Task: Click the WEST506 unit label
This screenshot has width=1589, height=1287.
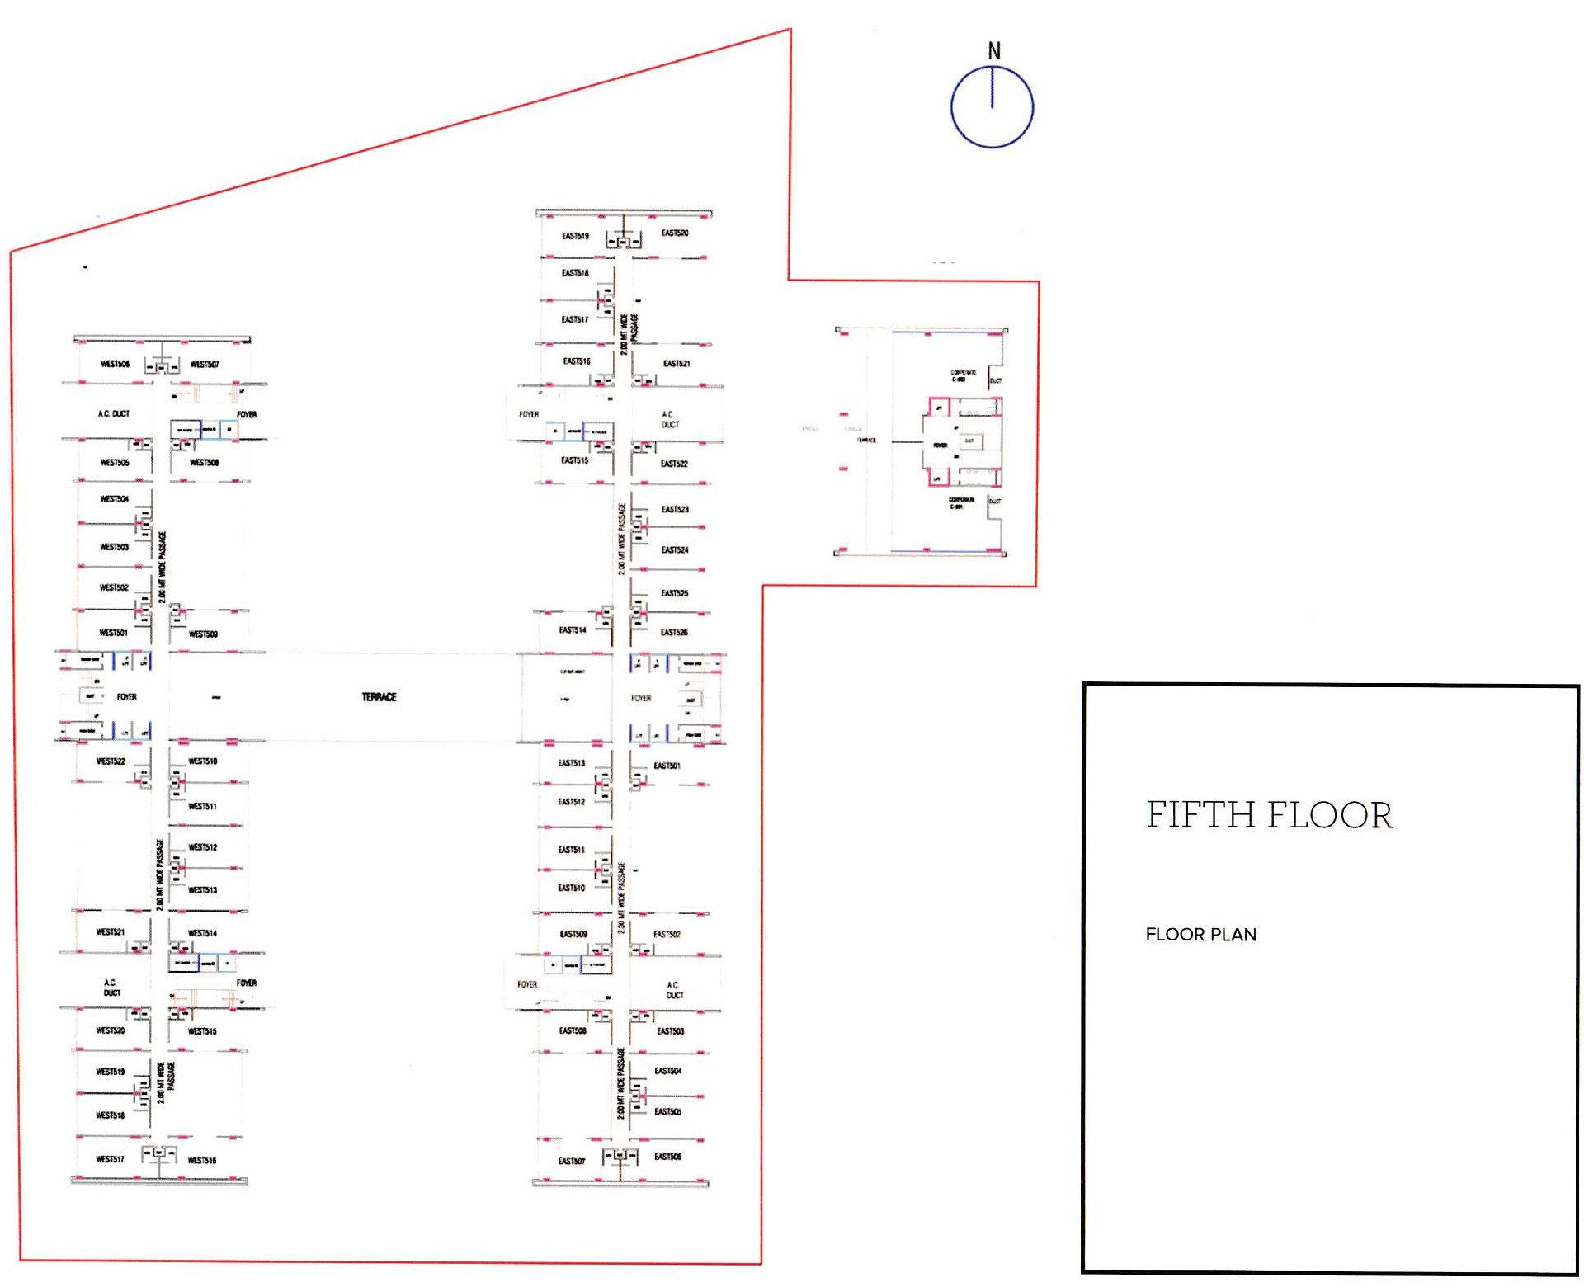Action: (x=115, y=364)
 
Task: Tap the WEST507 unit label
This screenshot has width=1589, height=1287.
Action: (x=205, y=364)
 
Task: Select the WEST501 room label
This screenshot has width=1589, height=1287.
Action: (x=113, y=633)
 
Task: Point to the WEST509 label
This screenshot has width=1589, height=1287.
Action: (x=203, y=634)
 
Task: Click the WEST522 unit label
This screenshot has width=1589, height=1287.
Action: (x=111, y=761)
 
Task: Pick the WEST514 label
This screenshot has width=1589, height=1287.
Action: (x=202, y=933)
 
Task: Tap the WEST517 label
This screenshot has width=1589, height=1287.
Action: (x=110, y=1159)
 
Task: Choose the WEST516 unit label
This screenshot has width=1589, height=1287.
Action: (x=201, y=1160)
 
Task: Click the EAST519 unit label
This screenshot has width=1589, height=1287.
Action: (x=575, y=236)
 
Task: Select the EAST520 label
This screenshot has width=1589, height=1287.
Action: (x=674, y=233)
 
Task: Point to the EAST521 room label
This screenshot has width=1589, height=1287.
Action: (x=676, y=364)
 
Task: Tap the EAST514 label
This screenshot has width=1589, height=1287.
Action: (x=573, y=630)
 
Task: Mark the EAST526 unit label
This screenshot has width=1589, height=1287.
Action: (x=674, y=633)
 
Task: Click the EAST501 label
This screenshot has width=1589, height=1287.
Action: (x=667, y=766)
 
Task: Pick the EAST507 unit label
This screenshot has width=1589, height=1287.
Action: (x=571, y=1161)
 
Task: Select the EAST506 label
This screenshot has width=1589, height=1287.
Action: (x=667, y=1157)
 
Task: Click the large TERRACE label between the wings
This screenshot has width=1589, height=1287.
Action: (x=379, y=697)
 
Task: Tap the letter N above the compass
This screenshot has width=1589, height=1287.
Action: (x=994, y=51)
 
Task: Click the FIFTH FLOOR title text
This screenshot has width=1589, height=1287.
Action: (x=1269, y=815)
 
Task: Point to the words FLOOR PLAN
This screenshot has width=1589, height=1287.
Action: (x=1200, y=935)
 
